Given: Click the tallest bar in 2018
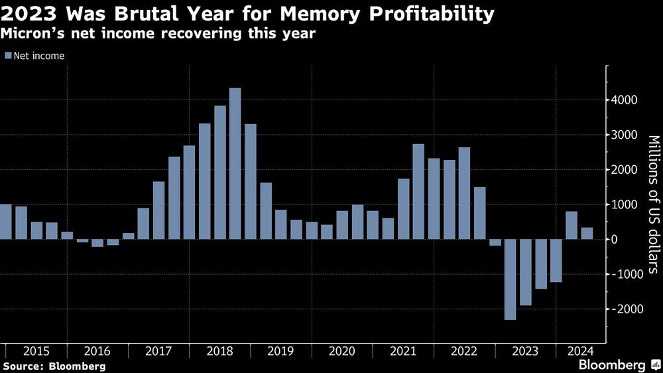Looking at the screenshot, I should (235, 163).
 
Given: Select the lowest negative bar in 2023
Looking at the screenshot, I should (510, 279).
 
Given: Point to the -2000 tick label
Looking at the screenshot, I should (624, 309).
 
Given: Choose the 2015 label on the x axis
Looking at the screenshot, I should (36, 350).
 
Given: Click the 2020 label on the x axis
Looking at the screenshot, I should (341, 350).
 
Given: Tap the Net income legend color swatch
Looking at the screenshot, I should (8, 56).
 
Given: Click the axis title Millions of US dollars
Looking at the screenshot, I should (653, 204).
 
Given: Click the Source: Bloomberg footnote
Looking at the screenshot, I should (54, 366).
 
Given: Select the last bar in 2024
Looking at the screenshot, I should (587, 233).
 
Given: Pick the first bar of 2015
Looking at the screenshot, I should (5, 222).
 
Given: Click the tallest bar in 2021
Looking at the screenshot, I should (418, 192).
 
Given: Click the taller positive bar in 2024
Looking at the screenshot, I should (572, 225).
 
